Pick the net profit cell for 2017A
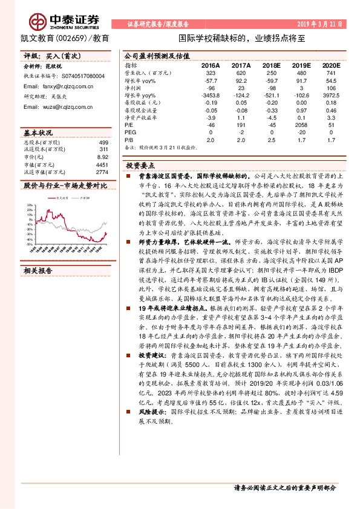coord(241,87)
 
